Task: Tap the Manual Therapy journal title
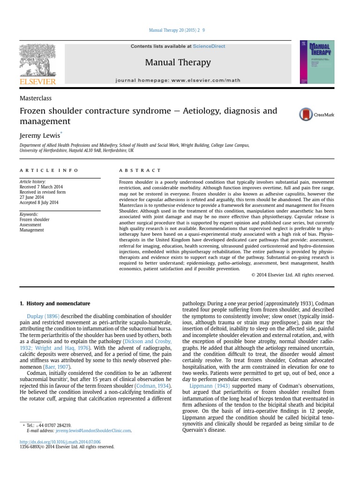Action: click(178, 62)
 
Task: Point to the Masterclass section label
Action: click(36, 98)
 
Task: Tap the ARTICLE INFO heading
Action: click(49, 171)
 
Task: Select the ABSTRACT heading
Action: click(140, 171)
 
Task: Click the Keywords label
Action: click(29, 214)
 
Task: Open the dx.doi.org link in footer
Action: click(60, 442)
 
